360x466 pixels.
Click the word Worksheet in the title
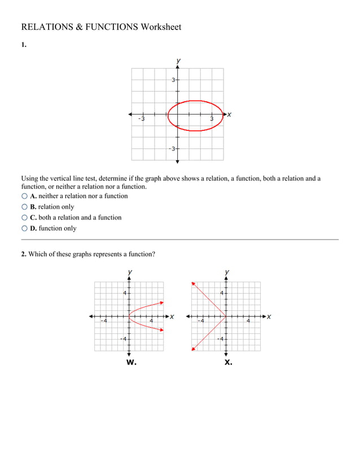click(x=161, y=27)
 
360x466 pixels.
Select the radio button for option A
click(x=24, y=196)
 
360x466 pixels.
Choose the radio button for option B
click(x=24, y=207)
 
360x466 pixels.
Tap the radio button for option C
click(x=24, y=218)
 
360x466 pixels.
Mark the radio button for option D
click(x=24, y=228)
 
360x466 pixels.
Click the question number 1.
click(x=24, y=46)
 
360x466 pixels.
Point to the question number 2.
click(x=24, y=254)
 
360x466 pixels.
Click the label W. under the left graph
click(x=131, y=363)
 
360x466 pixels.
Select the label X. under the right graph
click(x=228, y=363)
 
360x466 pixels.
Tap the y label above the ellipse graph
click(x=178, y=60)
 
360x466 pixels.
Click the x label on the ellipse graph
click(x=229, y=115)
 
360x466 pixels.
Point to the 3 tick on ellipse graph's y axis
click(x=174, y=80)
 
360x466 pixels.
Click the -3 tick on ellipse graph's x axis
click(x=142, y=119)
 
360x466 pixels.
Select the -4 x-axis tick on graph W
click(x=104, y=321)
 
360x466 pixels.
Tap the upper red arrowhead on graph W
click(x=162, y=302)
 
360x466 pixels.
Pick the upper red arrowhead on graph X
click(x=194, y=283)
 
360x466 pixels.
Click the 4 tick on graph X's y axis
click(x=222, y=293)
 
